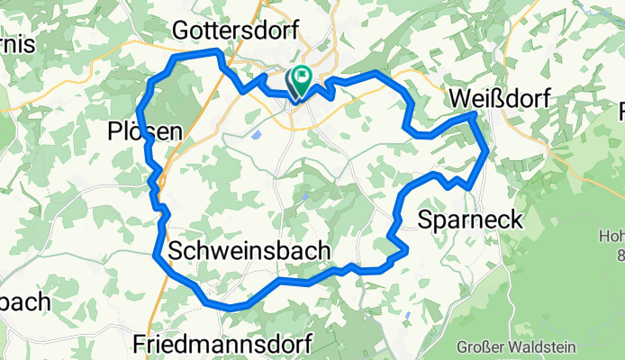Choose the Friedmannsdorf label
[x=222, y=343]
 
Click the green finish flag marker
[x=301, y=80]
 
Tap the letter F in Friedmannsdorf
[x=140, y=343]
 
